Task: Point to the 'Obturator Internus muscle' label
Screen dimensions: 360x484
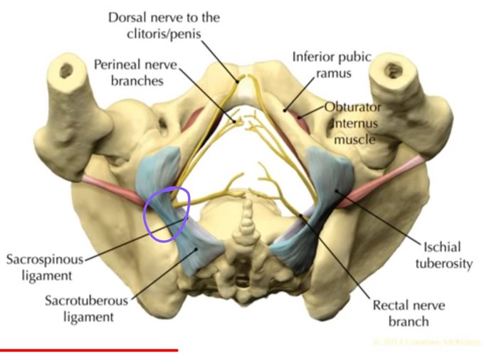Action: [353, 123]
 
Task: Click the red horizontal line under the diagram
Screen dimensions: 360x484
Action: [89, 350]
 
